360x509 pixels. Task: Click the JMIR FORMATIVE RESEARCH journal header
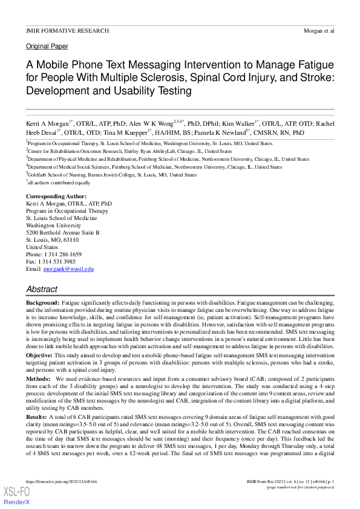coord(68,30)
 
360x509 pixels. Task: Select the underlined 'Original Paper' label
coord(47,46)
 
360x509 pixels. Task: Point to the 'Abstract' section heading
coord(42,289)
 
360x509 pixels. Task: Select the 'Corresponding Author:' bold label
coord(56,197)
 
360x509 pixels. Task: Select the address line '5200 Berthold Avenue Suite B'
coord(63,233)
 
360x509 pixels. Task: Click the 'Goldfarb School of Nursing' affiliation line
coord(112,175)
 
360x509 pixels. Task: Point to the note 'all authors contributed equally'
coord(59,183)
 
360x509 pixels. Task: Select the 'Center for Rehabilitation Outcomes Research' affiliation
coord(129,151)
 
